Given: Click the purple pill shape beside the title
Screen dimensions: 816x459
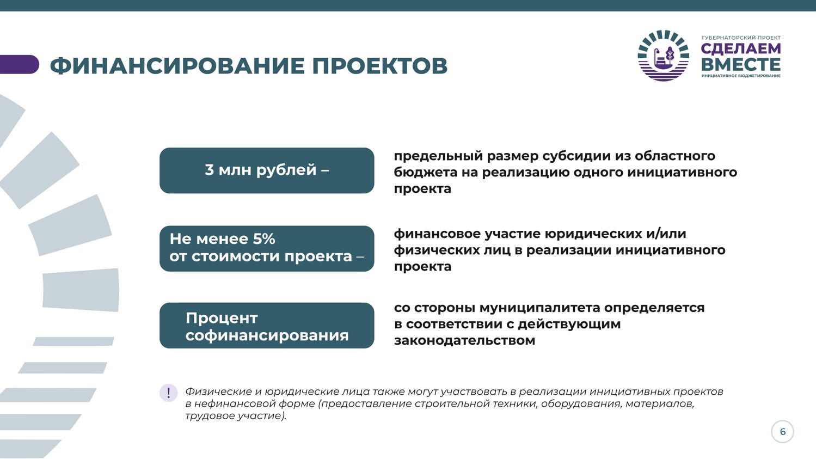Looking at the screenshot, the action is pyautogui.click(x=19, y=64).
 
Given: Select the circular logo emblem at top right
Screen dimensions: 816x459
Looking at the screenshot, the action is pyautogui.click(x=664, y=56).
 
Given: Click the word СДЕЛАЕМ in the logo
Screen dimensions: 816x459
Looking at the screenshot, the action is pyautogui.click(x=740, y=49).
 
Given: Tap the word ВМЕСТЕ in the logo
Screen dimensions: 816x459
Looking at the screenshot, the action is pyautogui.click(x=740, y=64).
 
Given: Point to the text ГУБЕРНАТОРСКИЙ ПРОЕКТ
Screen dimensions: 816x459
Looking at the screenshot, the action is pyautogui.click(x=741, y=38).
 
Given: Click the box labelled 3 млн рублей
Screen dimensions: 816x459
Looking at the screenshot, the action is pyautogui.click(x=267, y=170).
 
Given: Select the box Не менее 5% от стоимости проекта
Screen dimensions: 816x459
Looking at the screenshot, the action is pyautogui.click(x=267, y=248).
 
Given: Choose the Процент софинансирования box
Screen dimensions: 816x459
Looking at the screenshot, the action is pyautogui.click(x=267, y=325).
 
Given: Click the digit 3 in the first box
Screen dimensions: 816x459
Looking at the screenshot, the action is pyautogui.click(x=209, y=170).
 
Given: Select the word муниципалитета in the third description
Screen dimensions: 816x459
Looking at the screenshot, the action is pyautogui.click(x=539, y=308).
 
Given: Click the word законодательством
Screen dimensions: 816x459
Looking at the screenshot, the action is pyautogui.click(x=464, y=341).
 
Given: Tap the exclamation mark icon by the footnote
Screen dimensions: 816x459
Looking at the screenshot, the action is pyautogui.click(x=168, y=393).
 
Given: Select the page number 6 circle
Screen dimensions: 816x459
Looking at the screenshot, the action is pyautogui.click(x=782, y=432).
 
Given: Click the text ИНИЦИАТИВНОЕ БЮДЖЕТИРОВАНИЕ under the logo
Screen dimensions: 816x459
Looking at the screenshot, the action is pyautogui.click(x=741, y=76).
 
